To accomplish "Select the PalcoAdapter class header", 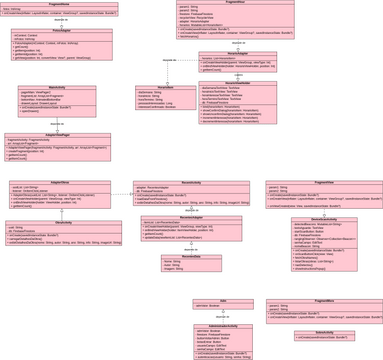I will [x=47, y=31].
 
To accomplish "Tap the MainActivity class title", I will [x=56, y=88].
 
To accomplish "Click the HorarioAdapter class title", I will [x=237, y=54].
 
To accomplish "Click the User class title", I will [x=223, y=299].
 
